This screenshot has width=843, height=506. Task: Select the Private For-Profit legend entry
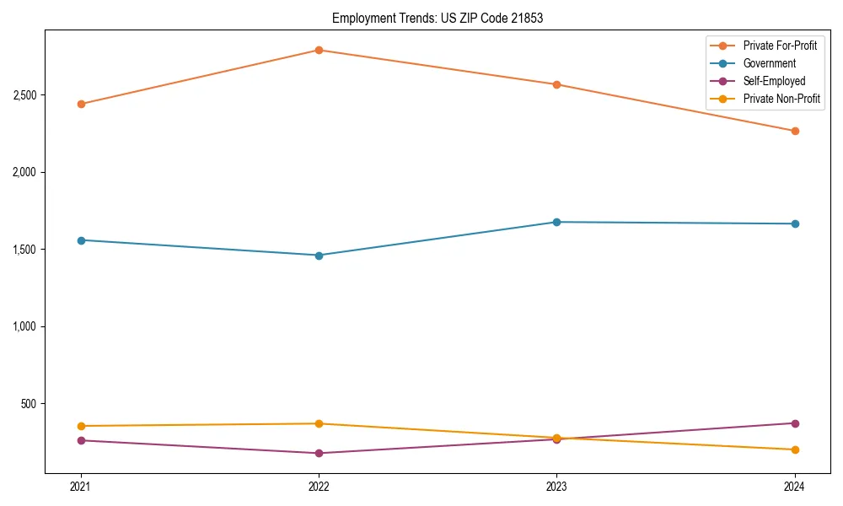(x=780, y=46)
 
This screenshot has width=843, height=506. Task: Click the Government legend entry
(x=769, y=63)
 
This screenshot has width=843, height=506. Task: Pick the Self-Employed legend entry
(x=774, y=81)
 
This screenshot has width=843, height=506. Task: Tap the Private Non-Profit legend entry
(x=781, y=99)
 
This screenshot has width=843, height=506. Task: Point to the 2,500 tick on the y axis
(x=24, y=95)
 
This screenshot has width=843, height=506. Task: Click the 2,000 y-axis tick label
(x=24, y=172)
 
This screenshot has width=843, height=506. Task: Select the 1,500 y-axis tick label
(x=24, y=250)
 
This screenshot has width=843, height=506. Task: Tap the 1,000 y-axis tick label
(x=24, y=326)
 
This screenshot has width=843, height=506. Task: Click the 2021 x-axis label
(x=81, y=487)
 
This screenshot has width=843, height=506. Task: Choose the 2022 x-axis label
(x=319, y=487)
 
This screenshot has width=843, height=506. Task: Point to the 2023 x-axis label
(x=556, y=487)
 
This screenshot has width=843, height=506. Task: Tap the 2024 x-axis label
(x=794, y=487)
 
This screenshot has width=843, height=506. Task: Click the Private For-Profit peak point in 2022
(x=319, y=50)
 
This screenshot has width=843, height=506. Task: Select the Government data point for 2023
(x=556, y=222)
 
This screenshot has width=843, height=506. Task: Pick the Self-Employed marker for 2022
(x=319, y=453)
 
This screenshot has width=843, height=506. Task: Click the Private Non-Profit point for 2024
(x=794, y=449)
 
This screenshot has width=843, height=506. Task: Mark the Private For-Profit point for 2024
(x=794, y=131)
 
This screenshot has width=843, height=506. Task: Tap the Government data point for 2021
(x=81, y=240)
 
